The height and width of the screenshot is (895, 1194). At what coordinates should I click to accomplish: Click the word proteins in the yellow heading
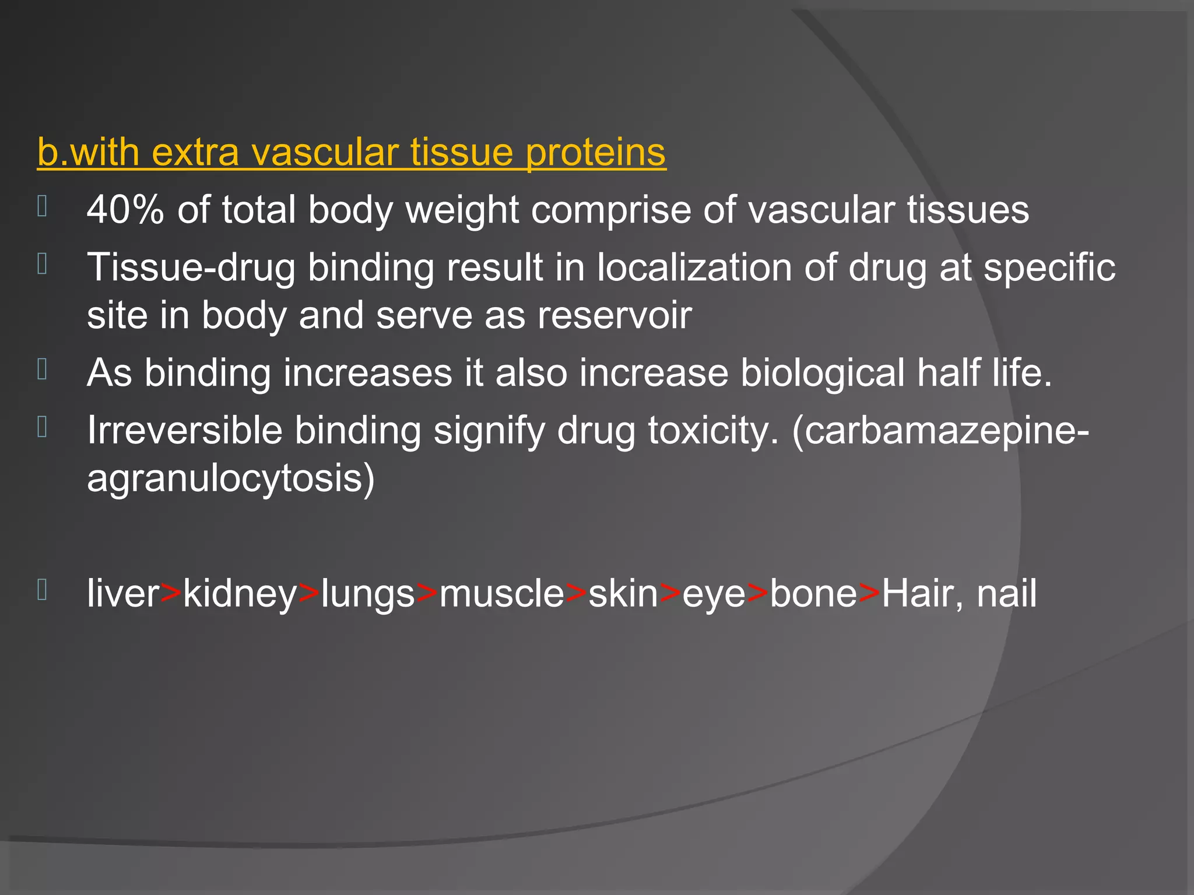click(595, 153)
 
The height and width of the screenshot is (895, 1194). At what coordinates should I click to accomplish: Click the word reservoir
click(614, 315)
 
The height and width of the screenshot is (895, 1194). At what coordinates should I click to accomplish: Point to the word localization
click(694, 267)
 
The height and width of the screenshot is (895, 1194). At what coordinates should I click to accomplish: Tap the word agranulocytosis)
click(231, 478)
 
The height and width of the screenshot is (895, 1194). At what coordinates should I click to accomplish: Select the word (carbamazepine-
click(940, 432)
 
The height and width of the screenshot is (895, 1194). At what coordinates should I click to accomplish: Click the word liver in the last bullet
click(123, 594)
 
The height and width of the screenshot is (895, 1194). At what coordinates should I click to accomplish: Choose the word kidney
click(240, 595)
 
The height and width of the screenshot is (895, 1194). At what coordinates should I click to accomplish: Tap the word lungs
click(368, 595)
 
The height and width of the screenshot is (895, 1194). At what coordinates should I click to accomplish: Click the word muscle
click(502, 594)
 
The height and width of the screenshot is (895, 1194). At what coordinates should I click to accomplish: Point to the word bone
click(814, 594)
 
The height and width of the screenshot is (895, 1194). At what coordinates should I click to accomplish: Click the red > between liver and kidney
click(171, 594)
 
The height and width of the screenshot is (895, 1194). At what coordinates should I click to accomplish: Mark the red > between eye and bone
click(758, 594)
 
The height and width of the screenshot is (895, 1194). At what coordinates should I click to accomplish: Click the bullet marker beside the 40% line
click(42, 207)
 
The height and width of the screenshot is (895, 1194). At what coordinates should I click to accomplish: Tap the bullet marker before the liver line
click(42, 590)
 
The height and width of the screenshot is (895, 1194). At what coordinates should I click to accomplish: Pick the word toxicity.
click(713, 432)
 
